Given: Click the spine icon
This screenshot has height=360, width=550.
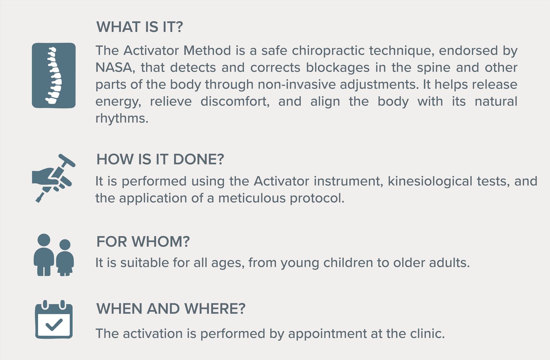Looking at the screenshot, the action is click(54, 76).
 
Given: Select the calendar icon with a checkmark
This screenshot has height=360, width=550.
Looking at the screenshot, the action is click(54, 319).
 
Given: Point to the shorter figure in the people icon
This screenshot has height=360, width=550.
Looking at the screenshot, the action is click(65, 258).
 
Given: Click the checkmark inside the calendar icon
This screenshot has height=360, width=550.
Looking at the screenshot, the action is click(54, 325).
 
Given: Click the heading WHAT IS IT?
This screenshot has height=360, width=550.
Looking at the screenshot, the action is click(139, 27).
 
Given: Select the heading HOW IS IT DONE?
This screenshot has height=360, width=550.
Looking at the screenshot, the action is click(160, 159).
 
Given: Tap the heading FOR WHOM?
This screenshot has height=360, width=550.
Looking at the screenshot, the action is click(143, 241).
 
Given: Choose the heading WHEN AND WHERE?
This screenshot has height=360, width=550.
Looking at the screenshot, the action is click(170, 308).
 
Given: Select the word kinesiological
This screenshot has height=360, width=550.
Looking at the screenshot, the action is click(430, 182).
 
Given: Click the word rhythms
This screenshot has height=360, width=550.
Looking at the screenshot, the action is click(122, 119).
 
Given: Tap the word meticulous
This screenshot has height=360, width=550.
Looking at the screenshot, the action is click(252, 198).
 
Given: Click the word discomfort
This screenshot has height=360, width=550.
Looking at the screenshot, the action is click(235, 102).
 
